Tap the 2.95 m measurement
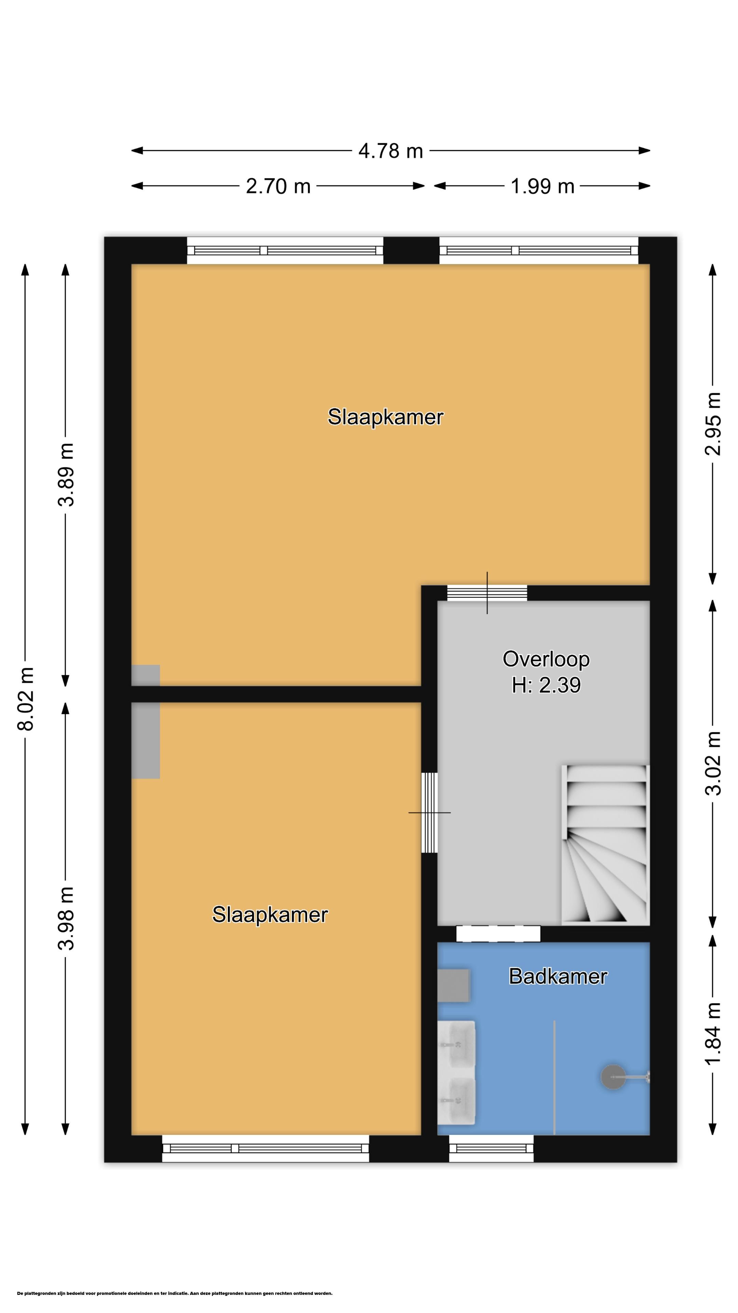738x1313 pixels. pos(713,424)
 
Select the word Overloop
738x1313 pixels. pos(546,659)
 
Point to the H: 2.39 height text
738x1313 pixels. pos(546,685)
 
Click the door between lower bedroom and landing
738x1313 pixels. pos(429,812)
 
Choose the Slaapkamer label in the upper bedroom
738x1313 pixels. pos(385,417)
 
